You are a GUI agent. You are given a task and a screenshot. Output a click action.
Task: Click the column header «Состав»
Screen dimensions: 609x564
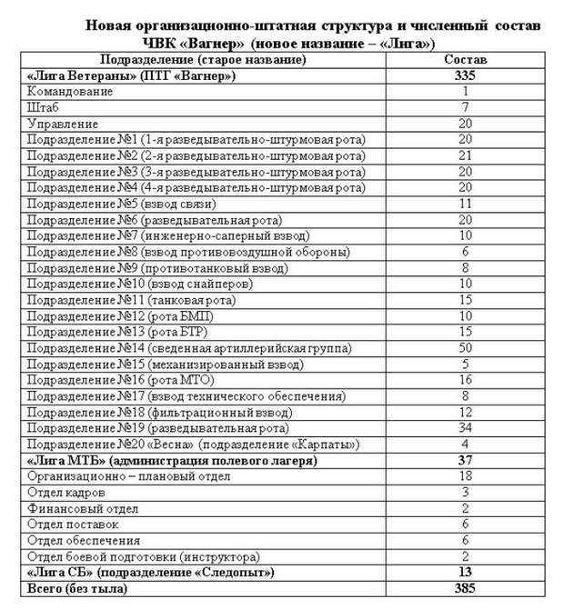(465, 59)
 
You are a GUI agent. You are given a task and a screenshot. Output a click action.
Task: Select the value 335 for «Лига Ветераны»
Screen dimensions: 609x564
(465, 75)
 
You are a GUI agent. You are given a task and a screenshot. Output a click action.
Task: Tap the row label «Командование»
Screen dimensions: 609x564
(70, 91)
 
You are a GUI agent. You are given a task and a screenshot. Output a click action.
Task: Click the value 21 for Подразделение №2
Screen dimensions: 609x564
(465, 155)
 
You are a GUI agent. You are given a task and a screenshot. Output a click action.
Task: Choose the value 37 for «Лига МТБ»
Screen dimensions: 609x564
(465, 461)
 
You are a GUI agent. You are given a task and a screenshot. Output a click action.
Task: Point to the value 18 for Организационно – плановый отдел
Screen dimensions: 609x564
(465, 476)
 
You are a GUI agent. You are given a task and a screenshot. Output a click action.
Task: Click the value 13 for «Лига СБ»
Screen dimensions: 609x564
(465, 573)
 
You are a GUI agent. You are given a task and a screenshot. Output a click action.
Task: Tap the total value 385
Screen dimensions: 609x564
(465, 589)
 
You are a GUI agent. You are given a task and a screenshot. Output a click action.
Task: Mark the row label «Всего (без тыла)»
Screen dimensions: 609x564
(76, 589)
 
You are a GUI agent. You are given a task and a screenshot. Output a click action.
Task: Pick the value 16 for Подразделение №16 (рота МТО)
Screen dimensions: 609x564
(465, 380)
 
